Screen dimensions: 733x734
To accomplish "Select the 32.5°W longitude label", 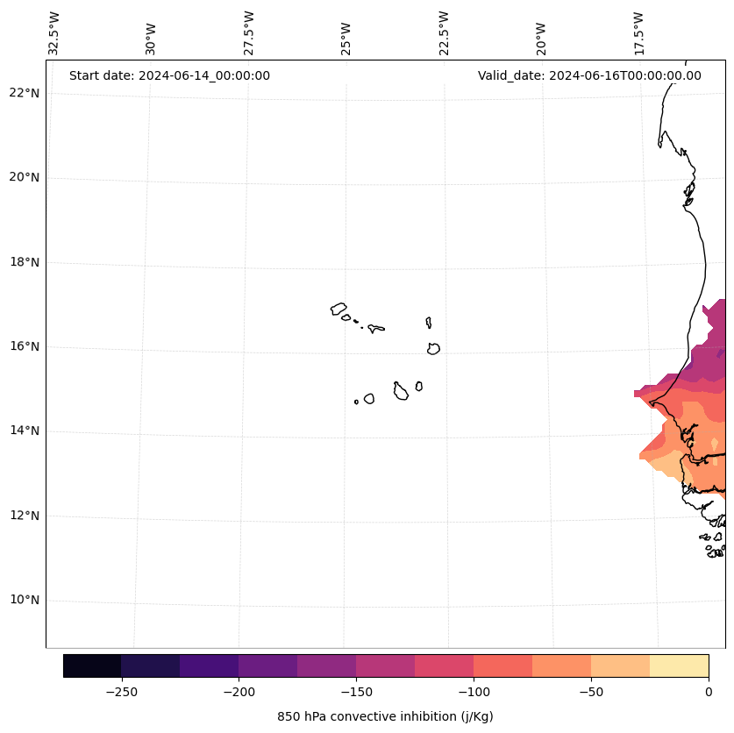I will tap(54, 33).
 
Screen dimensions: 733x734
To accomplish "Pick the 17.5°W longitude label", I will tap(639, 33).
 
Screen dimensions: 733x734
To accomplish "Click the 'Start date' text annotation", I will tap(169, 75).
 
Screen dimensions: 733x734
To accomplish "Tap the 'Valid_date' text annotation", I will tap(589, 75).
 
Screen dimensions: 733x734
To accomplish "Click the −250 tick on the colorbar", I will tap(121, 692).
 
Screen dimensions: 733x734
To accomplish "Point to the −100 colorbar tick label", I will tap(474, 692).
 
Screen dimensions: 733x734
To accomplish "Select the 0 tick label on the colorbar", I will tap(709, 692).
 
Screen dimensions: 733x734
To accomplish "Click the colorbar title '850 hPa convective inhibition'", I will tap(385, 716).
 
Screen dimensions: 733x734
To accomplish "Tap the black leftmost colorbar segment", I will tap(92, 665).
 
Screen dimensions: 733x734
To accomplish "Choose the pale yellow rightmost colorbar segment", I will tap(679, 665).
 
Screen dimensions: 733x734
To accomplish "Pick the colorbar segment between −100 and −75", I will tap(502, 665).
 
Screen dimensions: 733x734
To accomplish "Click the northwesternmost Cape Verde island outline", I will tap(338, 309).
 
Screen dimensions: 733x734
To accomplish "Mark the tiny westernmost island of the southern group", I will tap(356, 402).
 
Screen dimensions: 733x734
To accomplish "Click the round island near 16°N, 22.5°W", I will tap(433, 348).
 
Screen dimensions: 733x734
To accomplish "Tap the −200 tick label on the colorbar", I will tap(239, 692).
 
